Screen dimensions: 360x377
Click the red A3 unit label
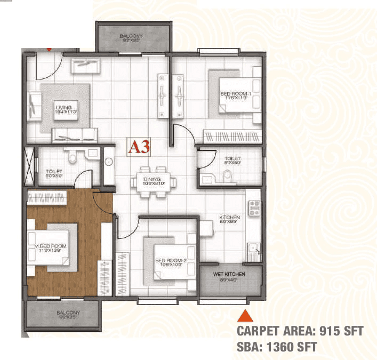(138, 147)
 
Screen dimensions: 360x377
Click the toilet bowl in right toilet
(227, 176)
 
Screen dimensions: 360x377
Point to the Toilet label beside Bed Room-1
(233, 161)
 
